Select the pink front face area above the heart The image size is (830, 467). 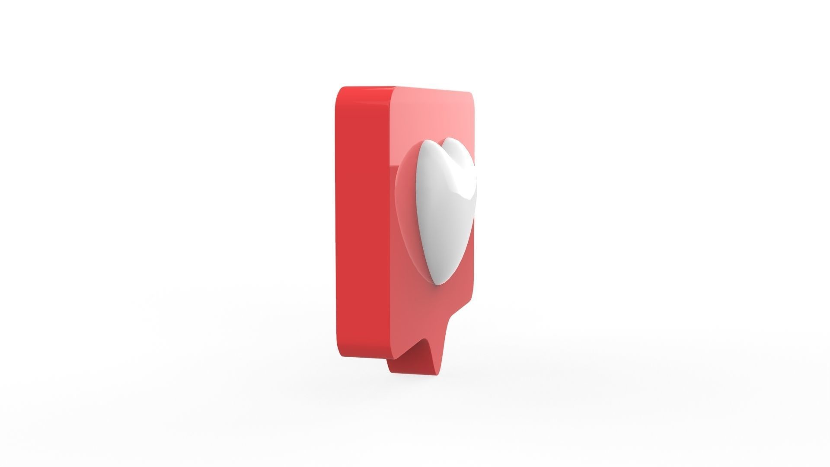(432, 115)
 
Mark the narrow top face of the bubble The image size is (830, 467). (367, 88)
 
